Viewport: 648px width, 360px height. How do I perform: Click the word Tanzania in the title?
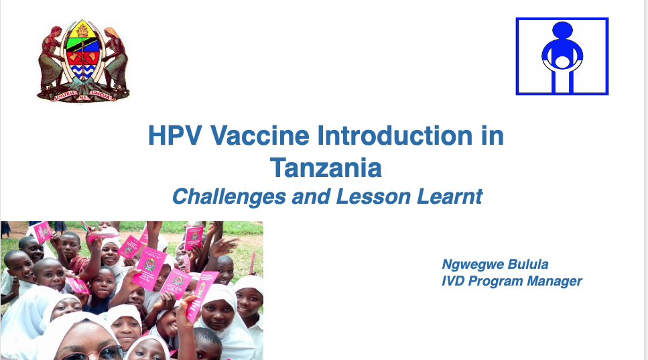[x=326, y=168]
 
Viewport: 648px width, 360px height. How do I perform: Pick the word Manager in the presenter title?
[x=554, y=281]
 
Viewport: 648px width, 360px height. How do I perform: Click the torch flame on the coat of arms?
[x=83, y=30]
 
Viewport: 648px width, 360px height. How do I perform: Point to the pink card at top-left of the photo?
[x=42, y=232]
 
